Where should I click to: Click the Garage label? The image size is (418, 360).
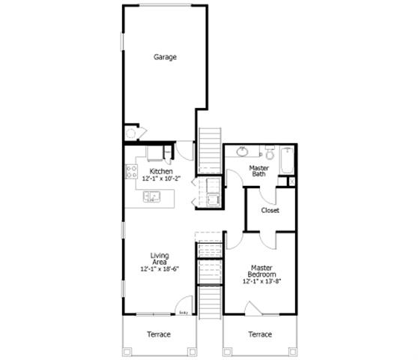pos(165,57)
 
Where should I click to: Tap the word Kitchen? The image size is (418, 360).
pos(161,172)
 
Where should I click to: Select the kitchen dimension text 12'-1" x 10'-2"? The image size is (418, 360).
pos(161,179)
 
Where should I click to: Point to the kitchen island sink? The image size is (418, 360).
pos(153,198)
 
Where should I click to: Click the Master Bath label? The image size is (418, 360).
pos(258,171)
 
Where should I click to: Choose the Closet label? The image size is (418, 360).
pos(270,211)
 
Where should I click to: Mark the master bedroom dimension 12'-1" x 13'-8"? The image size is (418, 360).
pos(261,282)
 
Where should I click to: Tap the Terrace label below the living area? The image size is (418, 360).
pos(159,334)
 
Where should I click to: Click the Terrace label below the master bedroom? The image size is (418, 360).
pos(260,334)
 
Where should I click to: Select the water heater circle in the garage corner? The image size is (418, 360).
pos(130,133)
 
